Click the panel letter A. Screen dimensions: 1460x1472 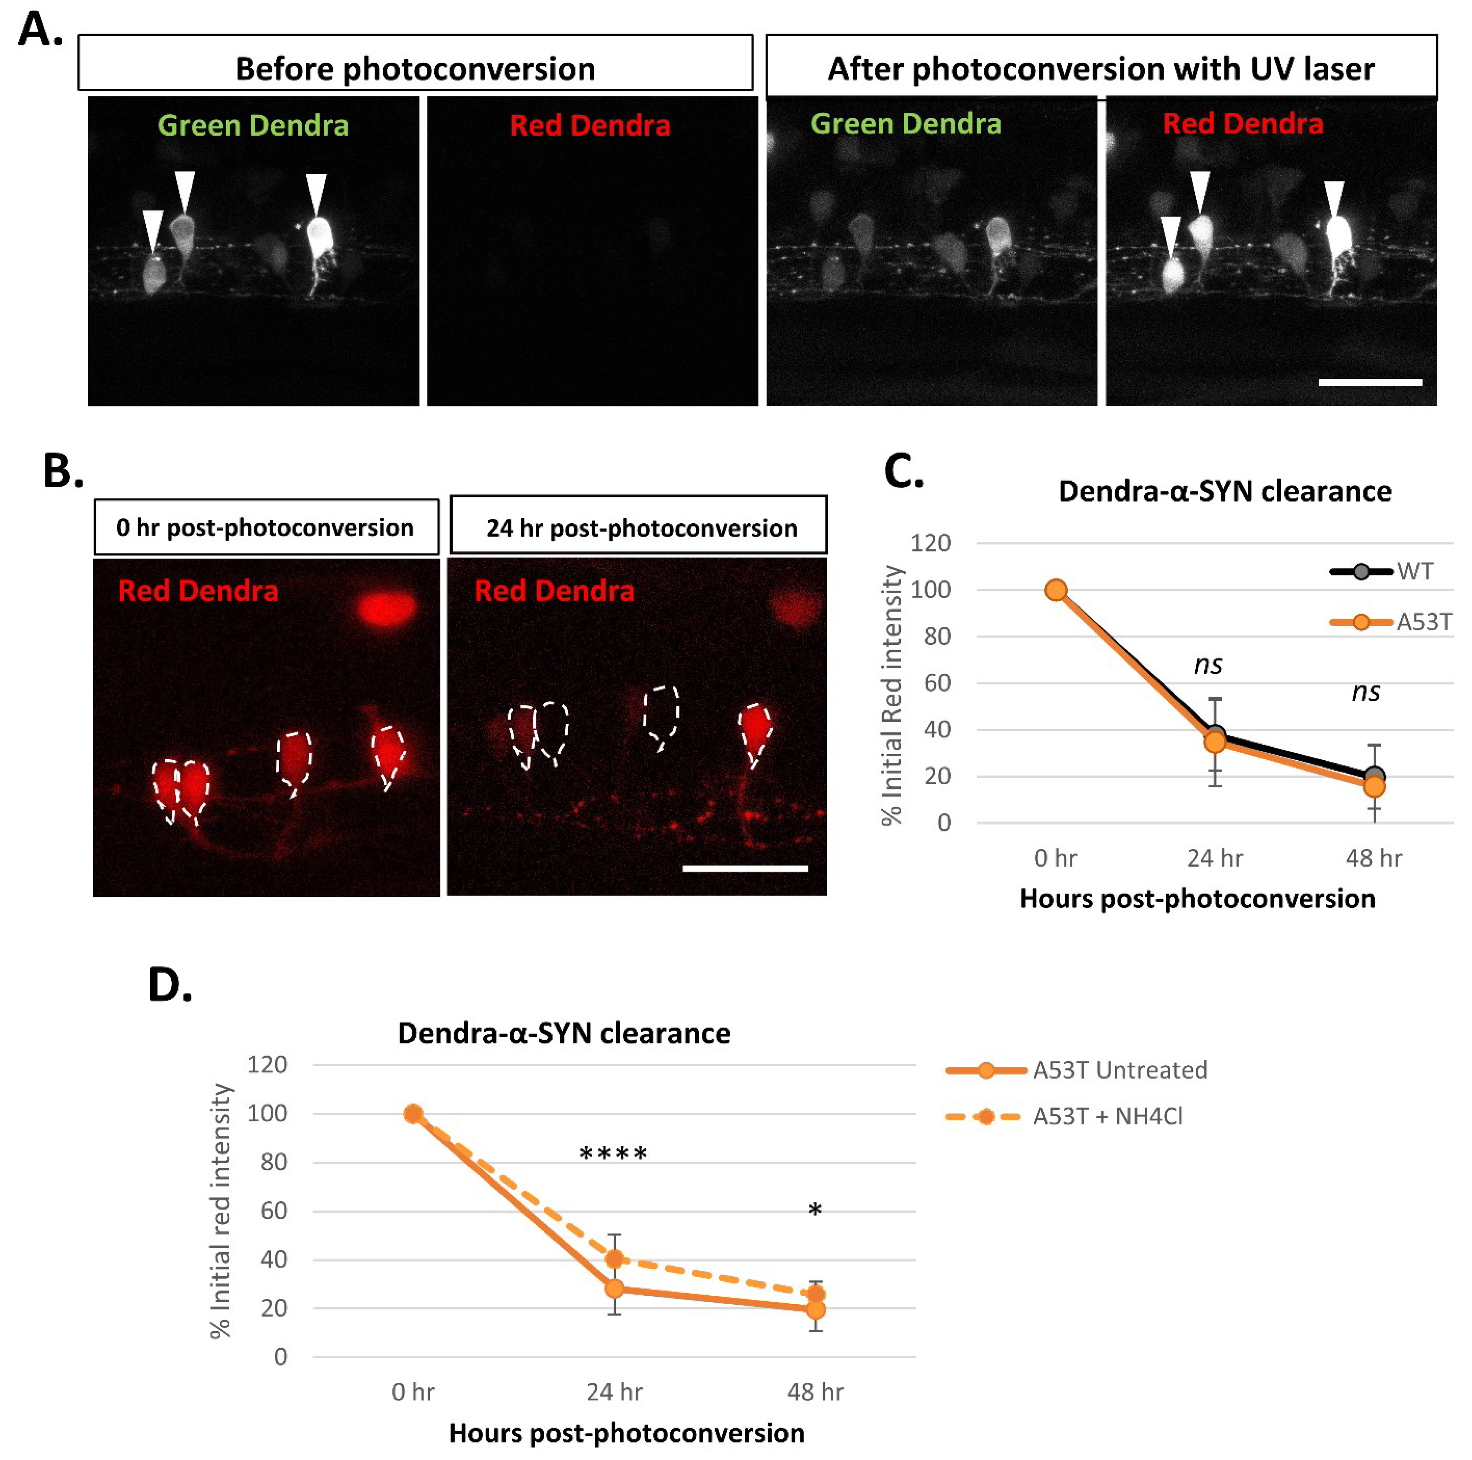click(x=40, y=30)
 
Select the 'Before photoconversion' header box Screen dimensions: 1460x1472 click(x=415, y=67)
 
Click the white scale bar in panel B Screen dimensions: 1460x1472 click(x=744, y=868)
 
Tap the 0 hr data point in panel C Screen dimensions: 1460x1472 click(x=1055, y=590)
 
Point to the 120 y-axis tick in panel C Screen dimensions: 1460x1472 click(x=930, y=543)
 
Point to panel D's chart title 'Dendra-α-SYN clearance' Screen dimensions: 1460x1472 click(x=564, y=1033)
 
